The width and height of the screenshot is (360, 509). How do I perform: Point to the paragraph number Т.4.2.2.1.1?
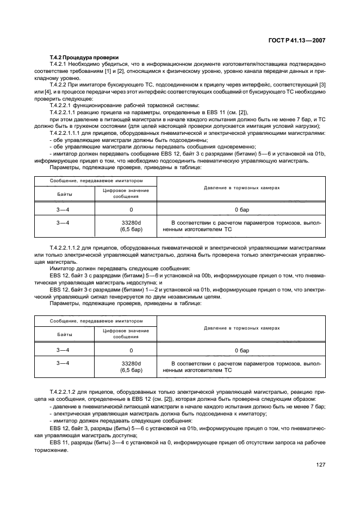click(67, 133)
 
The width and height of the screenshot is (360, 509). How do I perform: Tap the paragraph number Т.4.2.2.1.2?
click(67, 392)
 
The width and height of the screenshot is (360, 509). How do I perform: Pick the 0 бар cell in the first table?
click(241, 209)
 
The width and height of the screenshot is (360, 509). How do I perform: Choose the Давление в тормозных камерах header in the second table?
click(241, 328)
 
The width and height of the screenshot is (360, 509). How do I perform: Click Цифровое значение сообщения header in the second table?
click(126, 333)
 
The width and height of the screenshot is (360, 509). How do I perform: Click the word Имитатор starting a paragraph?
click(63, 269)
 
